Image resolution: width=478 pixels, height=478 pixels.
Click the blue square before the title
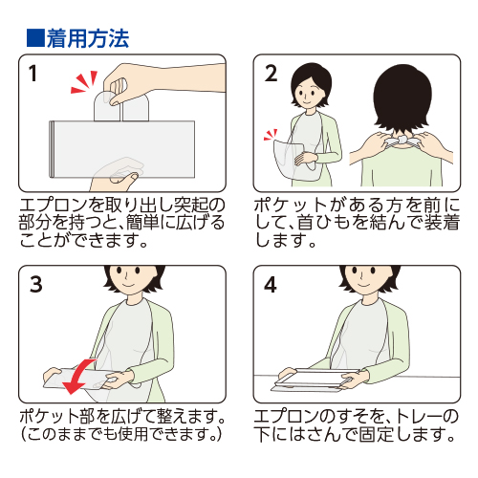point(35,38)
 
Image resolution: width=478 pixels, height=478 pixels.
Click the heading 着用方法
point(88,38)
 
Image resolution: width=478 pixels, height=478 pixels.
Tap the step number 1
point(33,74)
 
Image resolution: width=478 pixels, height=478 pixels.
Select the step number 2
point(271,74)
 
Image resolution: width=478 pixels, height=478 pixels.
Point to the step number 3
point(36,284)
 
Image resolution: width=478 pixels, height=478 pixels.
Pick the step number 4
point(271,284)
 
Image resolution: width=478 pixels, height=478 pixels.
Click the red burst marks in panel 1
point(84,82)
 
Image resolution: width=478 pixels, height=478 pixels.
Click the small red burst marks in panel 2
point(271,135)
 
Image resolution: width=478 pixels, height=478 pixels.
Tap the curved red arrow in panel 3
point(77,377)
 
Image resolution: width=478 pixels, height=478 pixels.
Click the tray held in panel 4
point(315,380)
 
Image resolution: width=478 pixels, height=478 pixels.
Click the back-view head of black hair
point(402,98)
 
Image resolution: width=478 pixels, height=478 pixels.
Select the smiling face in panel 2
point(307,94)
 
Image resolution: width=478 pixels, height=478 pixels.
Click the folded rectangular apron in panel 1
point(122,149)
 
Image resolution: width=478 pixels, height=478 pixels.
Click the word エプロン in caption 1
point(54,205)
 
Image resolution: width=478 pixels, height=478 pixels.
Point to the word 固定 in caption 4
point(377,433)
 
